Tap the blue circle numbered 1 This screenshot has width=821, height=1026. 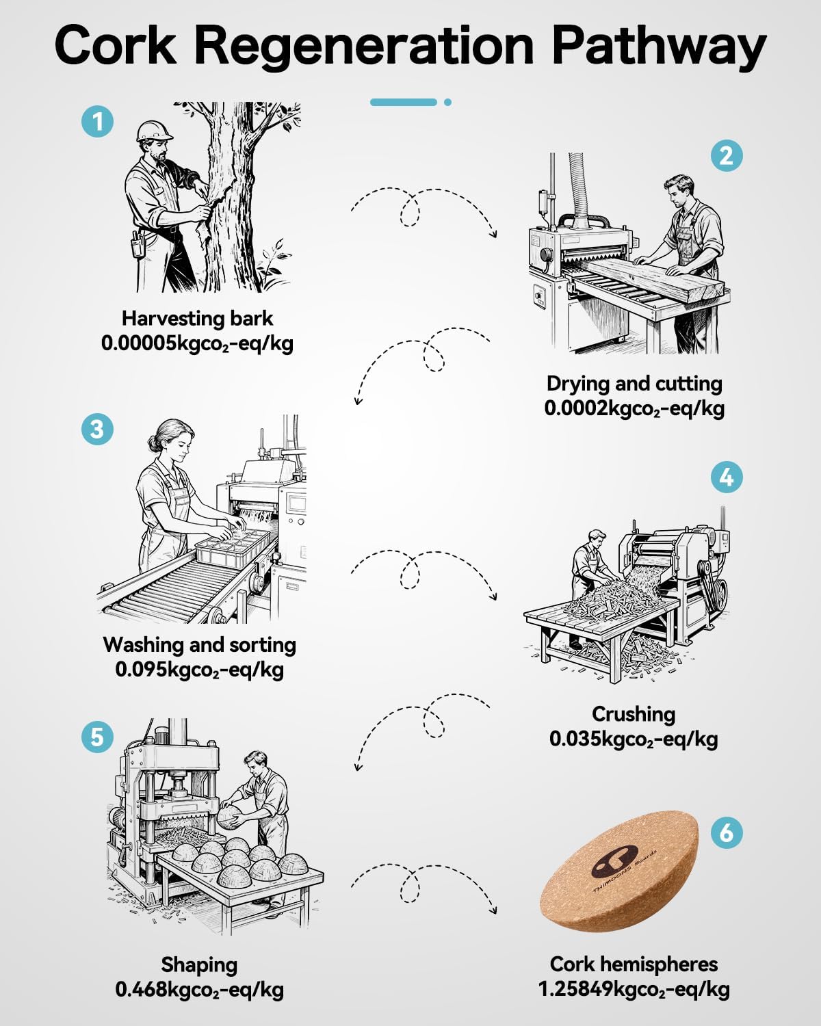click(x=97, y=122)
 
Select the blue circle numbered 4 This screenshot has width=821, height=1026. click(x=727, y=477)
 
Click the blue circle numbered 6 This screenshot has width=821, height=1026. click(x=727, y=832)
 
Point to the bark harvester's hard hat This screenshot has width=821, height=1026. click(x=154, y=130)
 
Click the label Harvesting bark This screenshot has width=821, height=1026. click(x=197, y=319)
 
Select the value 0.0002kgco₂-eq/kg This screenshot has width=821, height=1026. click(x=634, y=408)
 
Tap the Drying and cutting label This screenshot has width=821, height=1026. click(x=634, y=384)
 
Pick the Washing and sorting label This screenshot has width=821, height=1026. click(x=199, y=645)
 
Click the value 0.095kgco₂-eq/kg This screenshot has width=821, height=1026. click(x=199, y=670)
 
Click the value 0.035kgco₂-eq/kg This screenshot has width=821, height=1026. click(x=634, y=739)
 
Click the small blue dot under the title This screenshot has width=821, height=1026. click(x=447, y=102)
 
